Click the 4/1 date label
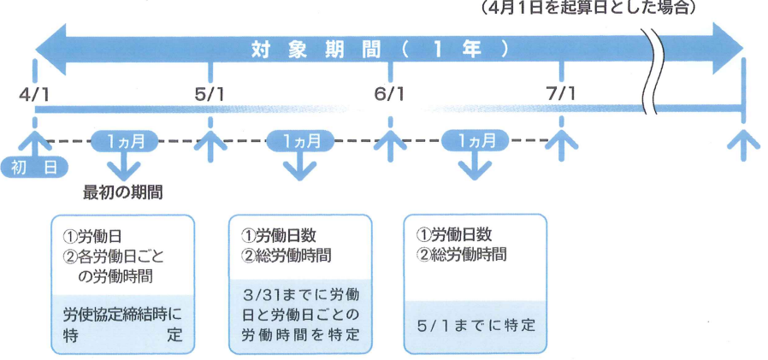coord(34,91)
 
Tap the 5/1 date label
coord(210,91)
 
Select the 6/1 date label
coord(389,91)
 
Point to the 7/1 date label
coord(561,91)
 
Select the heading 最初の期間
coord(123,192)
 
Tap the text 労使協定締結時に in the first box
coord(123,314)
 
